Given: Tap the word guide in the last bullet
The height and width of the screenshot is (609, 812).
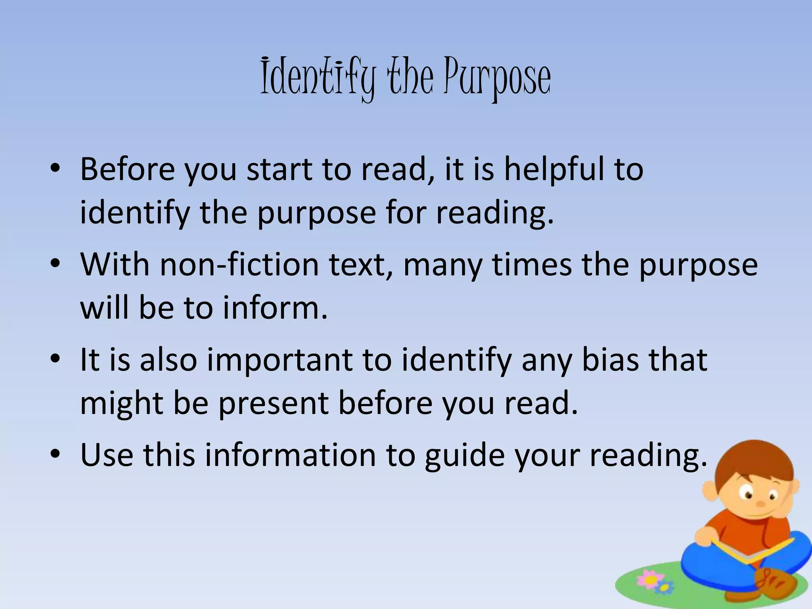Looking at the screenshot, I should click(x=465, y=455).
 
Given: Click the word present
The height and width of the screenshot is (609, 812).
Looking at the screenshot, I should click(x=274, y=404).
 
